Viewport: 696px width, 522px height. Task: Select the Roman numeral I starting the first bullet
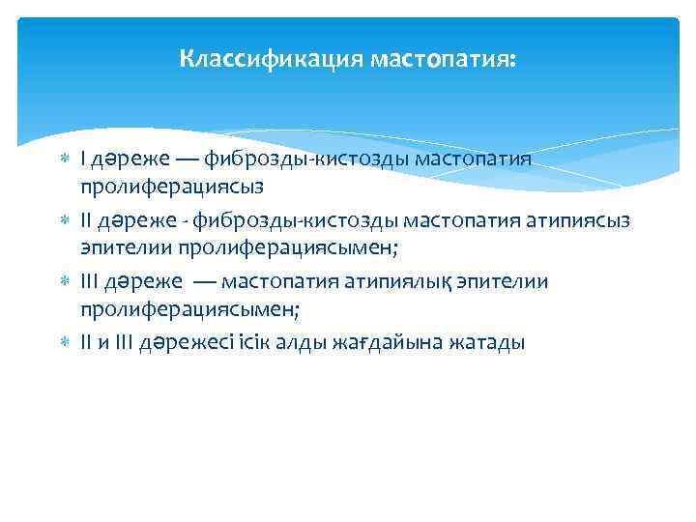(x=83, y=159)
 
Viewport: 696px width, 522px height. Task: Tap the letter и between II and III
(x=103, y=343)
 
